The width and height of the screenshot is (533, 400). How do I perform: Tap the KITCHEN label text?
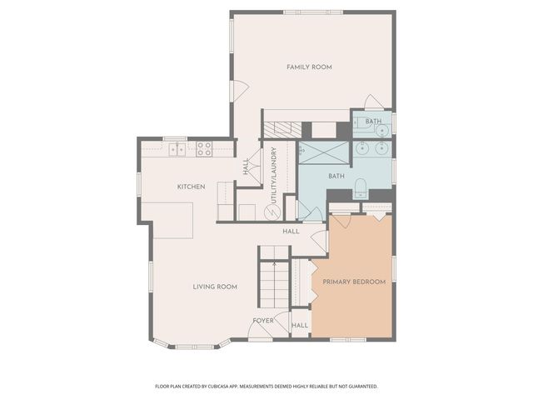[x=191, y=186]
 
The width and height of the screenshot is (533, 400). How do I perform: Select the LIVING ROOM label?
[x=215, y=287]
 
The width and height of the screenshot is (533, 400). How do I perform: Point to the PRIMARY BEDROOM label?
[x=354, y=282]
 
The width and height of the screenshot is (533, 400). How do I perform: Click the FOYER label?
[x=263, y=320]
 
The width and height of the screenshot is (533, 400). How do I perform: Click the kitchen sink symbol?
[x=177, y=150]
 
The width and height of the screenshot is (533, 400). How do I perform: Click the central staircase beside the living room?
[x=272, y=283]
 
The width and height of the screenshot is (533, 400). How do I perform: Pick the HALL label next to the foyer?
[x=300, y=325]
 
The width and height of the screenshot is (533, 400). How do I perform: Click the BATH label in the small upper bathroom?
[x=372, y=121]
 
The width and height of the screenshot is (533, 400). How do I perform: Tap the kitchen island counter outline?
[x=173, y=218]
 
